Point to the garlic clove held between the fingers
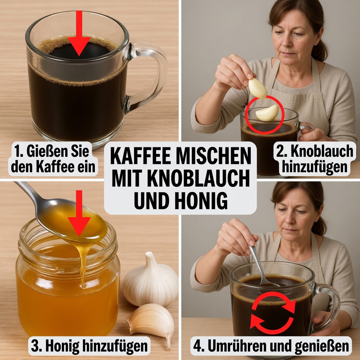point(257,88)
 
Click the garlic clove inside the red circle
point(267,113)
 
